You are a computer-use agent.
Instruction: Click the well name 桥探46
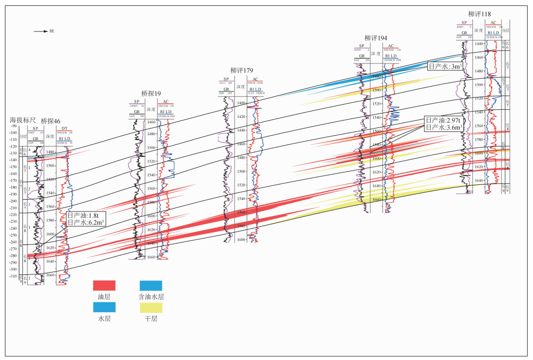[x=51, y=120]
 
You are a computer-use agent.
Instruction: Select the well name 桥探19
[x=151, y=93]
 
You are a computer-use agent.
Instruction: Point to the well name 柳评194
[x=376, y=38]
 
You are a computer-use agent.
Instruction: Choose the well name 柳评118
[x=479, y=14]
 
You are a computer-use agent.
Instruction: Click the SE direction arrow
[x=40, y=31]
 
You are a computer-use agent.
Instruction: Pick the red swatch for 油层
[x=104, y=285]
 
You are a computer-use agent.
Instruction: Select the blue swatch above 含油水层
[x=150, y=285]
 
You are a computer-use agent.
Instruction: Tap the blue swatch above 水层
[x=104, y=307]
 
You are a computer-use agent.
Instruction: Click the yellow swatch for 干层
[x=150, y=307]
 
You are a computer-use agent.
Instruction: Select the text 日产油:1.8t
[x=84, y=215]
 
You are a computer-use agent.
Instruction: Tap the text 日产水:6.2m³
[x=86, y=222]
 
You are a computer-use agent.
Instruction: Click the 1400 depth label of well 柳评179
[x=241, y=103]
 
